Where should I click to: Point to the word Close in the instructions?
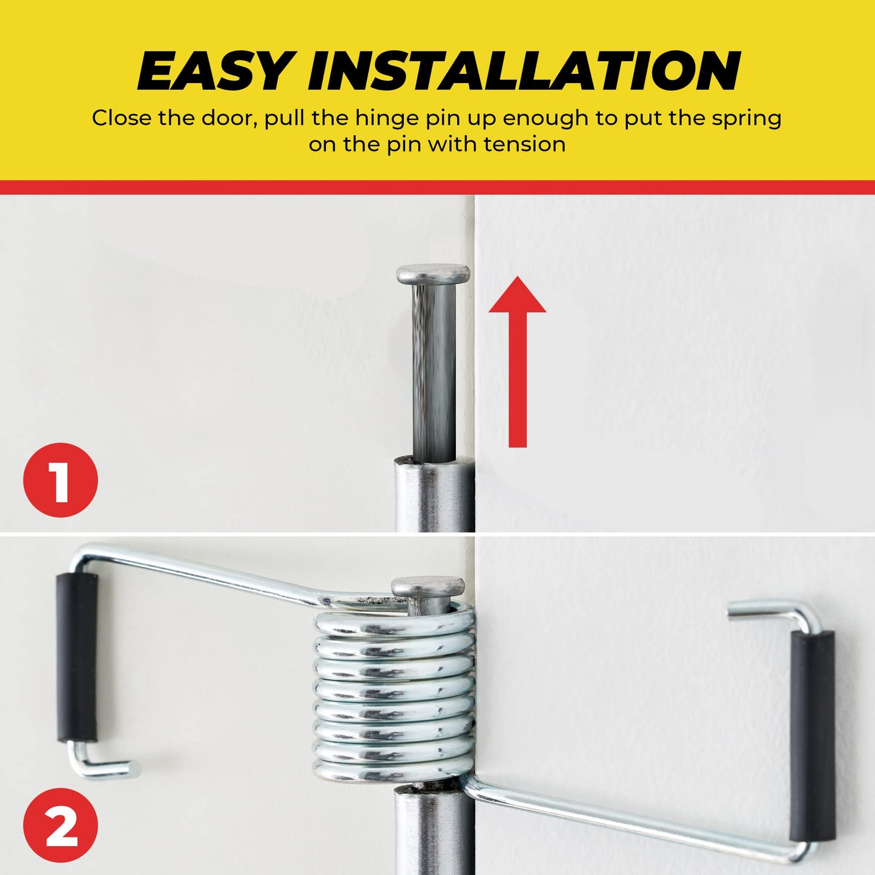click(x=121, y=118)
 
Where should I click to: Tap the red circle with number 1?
click(x=61, y=480)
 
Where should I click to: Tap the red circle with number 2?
click(x=61, y=825)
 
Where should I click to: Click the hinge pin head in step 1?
click(x=432, y=274)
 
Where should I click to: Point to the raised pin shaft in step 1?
click(x=434, y=369)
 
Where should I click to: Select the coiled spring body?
click(x=394, y=696)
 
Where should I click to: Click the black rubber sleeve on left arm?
click(x=78, y=657)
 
